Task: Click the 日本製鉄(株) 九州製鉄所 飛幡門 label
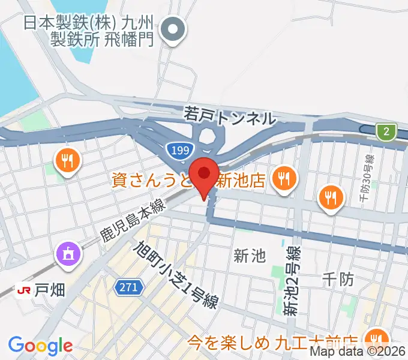click(x=90, y=31)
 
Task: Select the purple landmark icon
click(x=67, y=254)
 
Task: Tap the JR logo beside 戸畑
click(x=25, y=289)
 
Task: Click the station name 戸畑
click(x=49, y=289)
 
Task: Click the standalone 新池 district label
click(x=248, y=256)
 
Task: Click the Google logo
click(x=40, y=346)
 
